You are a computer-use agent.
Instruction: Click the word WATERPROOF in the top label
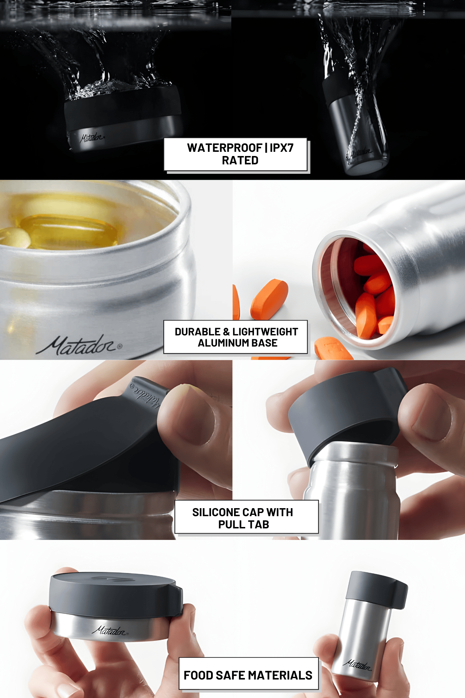pos(224,148)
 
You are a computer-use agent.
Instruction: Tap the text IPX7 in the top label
pos(282,148)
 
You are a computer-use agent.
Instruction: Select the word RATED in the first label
pos(240,161)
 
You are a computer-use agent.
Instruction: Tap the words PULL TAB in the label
pos(243,525)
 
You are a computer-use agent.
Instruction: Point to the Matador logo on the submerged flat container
pos(92,138)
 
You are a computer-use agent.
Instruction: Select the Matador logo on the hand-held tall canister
pos(358,665)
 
